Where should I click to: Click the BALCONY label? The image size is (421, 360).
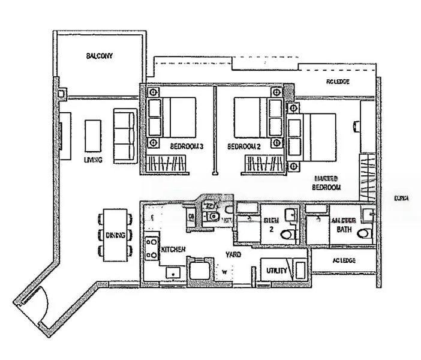click(99, 56)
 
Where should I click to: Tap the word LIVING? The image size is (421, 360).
click(93, 160)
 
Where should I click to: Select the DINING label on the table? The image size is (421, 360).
click(115, 236)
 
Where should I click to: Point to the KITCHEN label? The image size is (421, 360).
click(173, 249)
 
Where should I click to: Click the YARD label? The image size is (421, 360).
click(233, 255)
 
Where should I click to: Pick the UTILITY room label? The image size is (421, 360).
click(276, 271)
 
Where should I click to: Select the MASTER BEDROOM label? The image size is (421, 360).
click(326, 183)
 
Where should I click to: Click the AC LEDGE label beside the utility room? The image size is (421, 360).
click(343, 260)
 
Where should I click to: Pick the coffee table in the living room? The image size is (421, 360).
click(93, 136)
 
